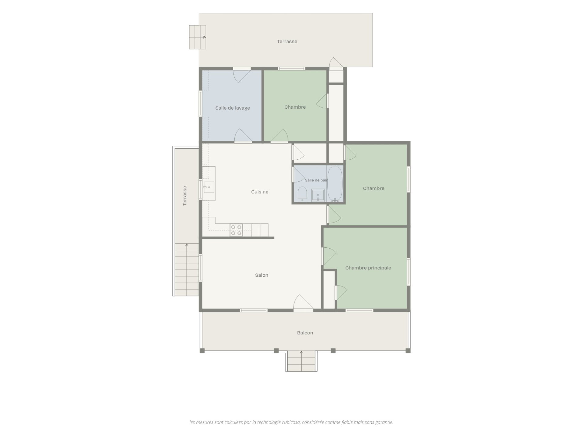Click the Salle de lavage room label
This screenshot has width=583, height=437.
[x=233, y=108]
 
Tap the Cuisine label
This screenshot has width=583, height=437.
[x=260, y=192]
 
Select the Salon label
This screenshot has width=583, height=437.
[x=261, y=275]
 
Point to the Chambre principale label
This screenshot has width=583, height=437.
[x=368, y=268]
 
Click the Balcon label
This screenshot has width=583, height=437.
[x=305, y=333]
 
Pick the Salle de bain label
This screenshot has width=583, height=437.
[x=316, y=180]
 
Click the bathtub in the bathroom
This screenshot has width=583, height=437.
[x=335, y=184]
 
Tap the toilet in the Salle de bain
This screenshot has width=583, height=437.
[x=302, y=194]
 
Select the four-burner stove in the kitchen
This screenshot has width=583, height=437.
[x=236, y=230]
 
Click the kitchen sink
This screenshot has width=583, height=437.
[x=209, y=187]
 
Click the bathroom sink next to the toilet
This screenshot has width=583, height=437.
[x=318, y=195]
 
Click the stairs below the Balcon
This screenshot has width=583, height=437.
[x=301, y=361]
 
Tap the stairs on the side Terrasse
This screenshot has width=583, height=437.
[x=187, y=269]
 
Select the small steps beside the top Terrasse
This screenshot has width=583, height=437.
[x=197, y=37]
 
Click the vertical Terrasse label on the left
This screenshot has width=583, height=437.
[x=185, y=196]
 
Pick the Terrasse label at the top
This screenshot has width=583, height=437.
[x=287, y=42]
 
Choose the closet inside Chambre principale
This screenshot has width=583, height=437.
[x=329, y=290]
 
